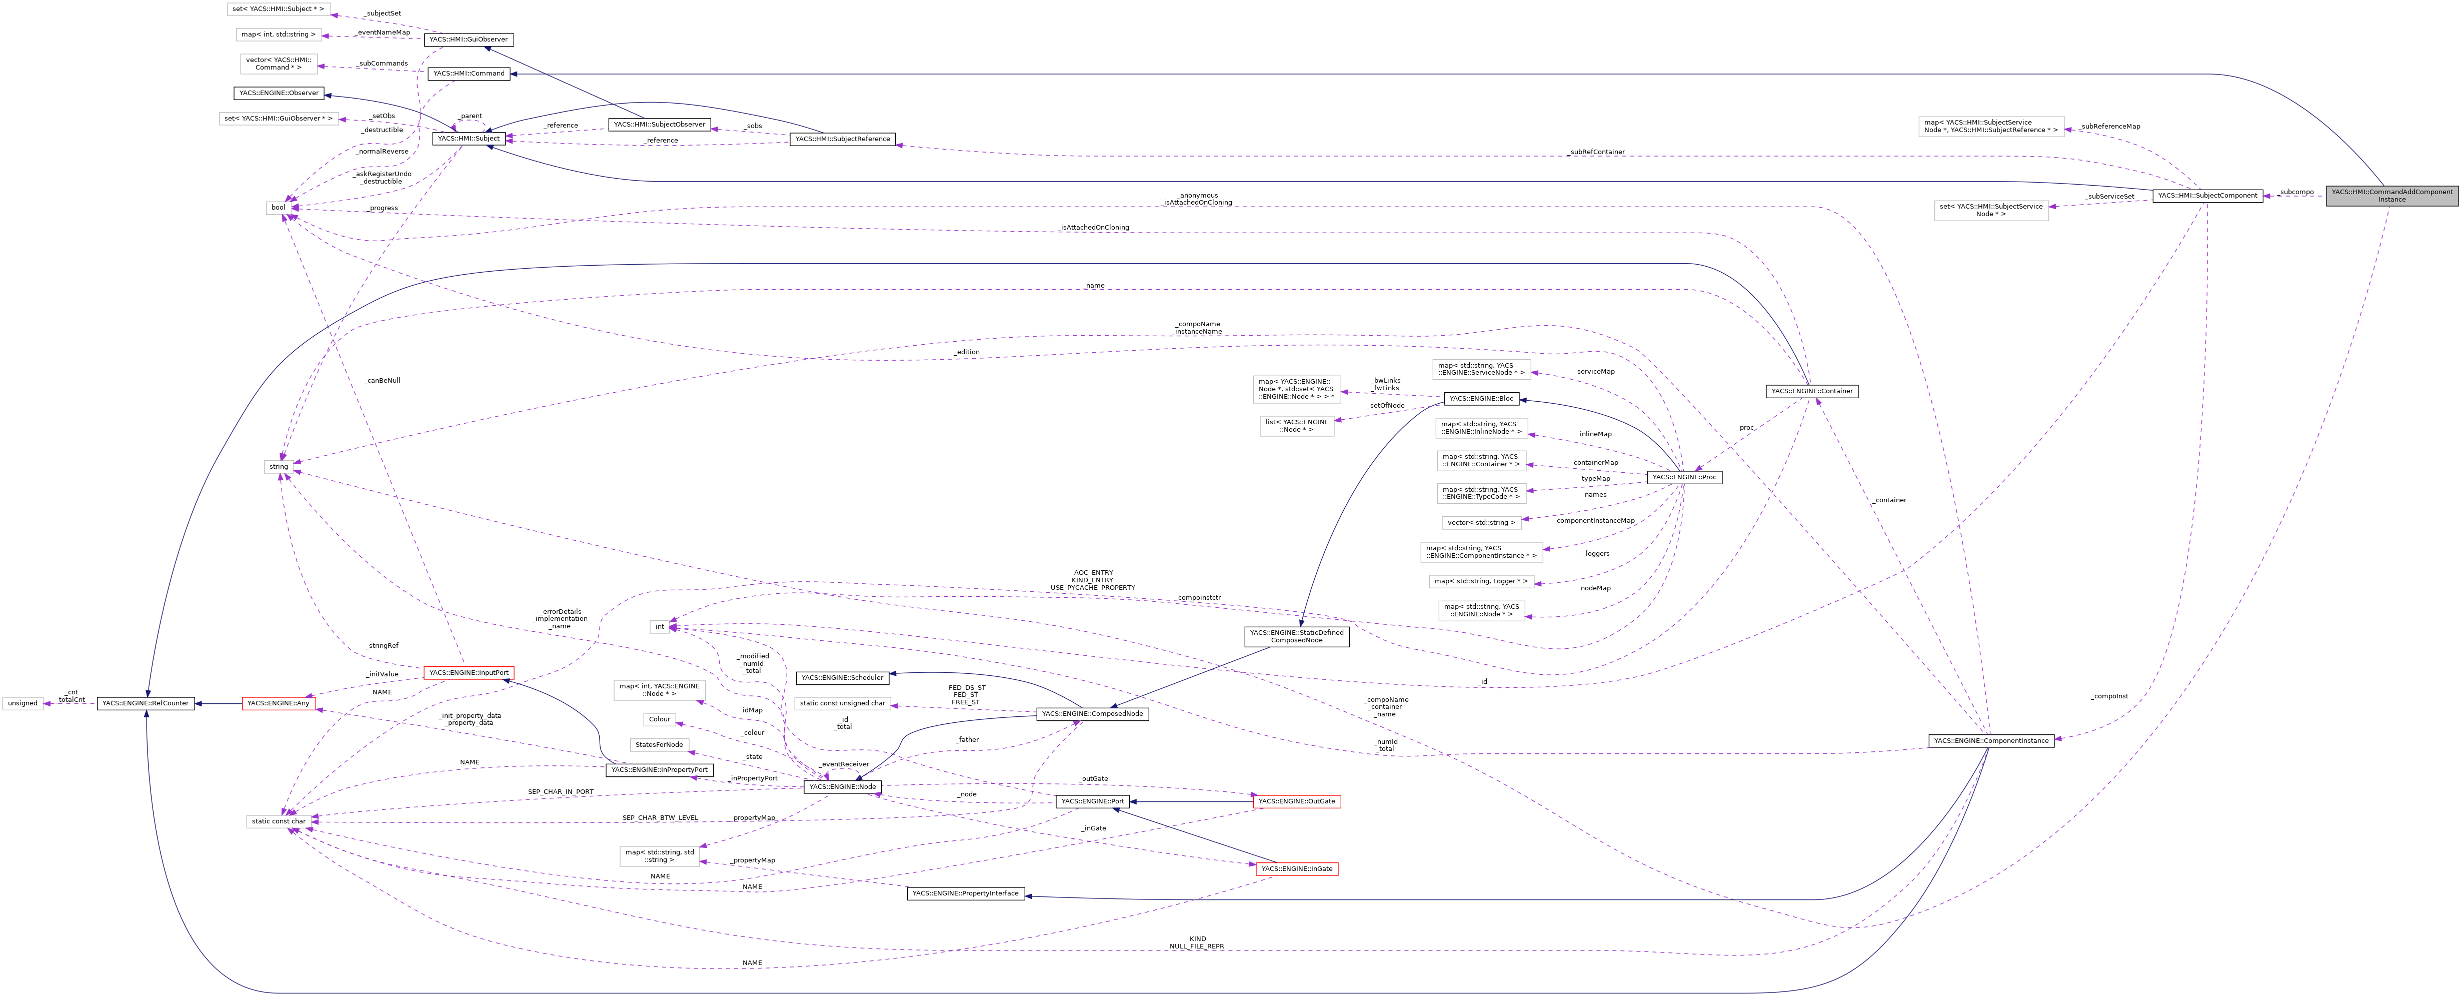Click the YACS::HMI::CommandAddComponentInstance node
2391,195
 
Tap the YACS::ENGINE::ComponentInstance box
1990,741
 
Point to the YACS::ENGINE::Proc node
1684,477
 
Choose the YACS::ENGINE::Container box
1811,391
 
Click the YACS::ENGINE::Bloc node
1481,399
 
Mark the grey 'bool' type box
278,208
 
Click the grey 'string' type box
278,466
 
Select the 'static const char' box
278,821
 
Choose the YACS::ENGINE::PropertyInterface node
965,894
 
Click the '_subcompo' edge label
2296,192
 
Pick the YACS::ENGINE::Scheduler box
842,678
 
